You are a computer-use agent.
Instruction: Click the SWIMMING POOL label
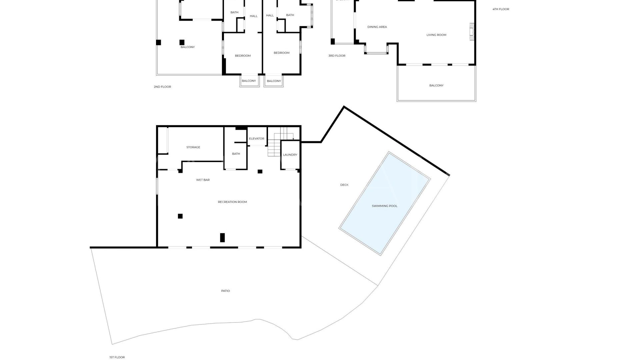click(384, 206)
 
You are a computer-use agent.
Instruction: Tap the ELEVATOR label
click(256, 139)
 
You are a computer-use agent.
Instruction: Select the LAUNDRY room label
click(290, 155)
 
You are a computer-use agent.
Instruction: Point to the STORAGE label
click(193, 147)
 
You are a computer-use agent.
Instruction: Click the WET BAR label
click(203, 180)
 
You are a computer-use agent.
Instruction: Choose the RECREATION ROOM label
click(232, 202)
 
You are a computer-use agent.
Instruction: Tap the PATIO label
click(225, 291)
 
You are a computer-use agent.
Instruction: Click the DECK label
click(344, 185)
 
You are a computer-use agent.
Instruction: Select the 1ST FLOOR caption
click(117, 357)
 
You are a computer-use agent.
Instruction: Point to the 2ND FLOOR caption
click(162, 87)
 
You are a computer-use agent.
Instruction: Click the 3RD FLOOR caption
click(337, 56)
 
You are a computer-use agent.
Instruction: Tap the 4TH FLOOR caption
click(501, 9)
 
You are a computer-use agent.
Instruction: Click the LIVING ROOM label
click(436, 35)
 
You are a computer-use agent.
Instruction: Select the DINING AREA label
click(377, 27)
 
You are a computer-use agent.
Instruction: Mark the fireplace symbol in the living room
click(472, 32)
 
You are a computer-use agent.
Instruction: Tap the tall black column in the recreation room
click(222, 238)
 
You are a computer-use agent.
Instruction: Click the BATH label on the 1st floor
click(236, 154)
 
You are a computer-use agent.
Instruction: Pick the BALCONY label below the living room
click(436, 86)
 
